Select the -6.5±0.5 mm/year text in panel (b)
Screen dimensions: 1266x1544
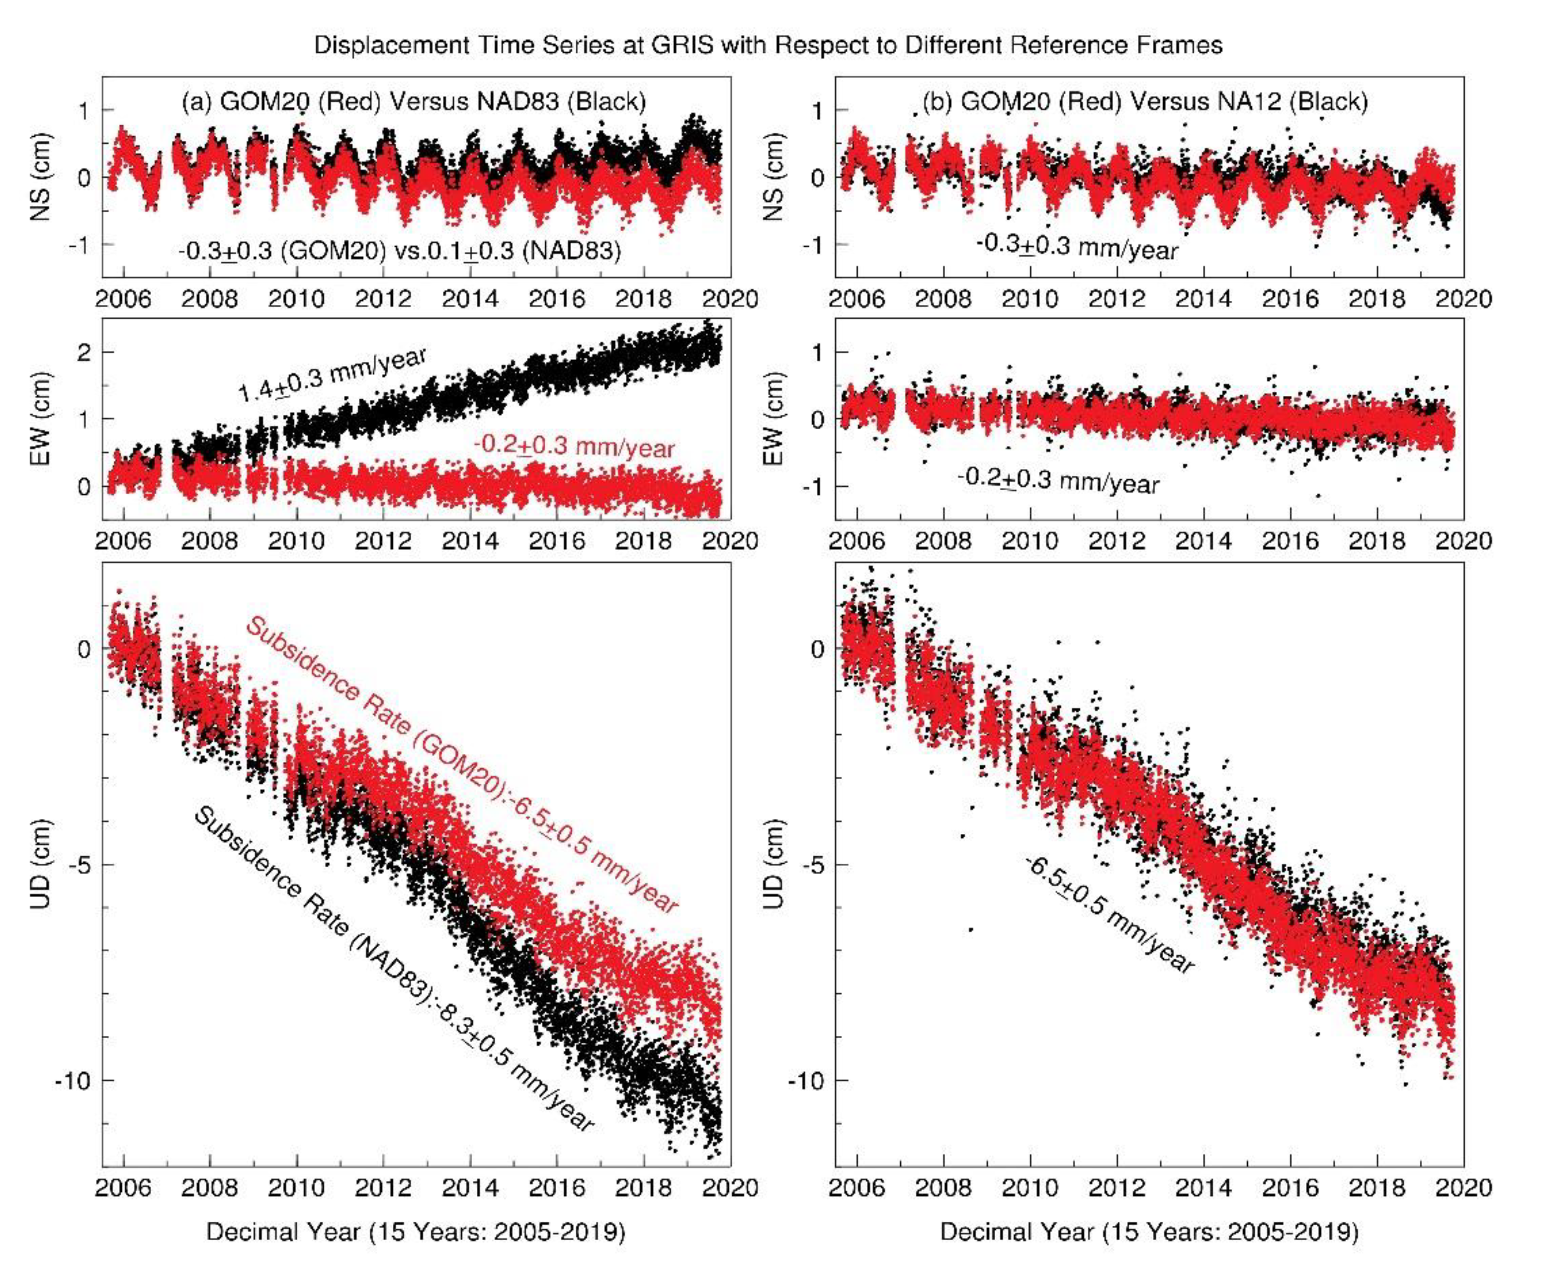click(x=1110, y=915)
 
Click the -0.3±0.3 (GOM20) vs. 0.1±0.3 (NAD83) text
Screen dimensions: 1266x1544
click(x=400, y=251)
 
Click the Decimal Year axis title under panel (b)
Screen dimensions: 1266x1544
click(x=1149, y=1232)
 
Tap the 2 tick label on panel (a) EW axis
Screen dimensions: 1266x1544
click(x=85, y=352)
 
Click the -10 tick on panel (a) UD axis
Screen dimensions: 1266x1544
click(x=73, y=1080)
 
